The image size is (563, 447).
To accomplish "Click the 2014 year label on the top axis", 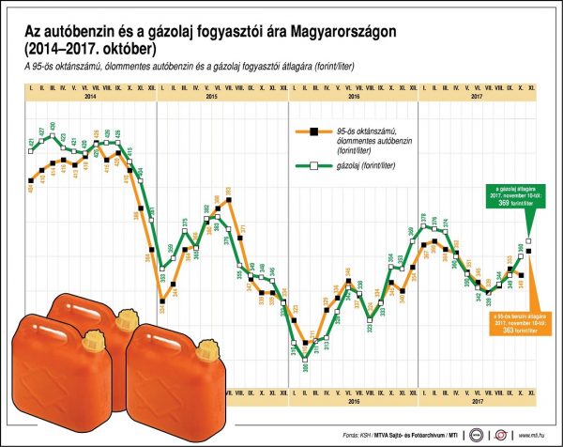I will point(90,98).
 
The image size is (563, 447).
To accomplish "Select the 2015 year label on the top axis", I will point(211,98).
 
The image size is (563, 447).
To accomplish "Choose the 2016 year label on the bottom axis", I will point(353,402).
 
